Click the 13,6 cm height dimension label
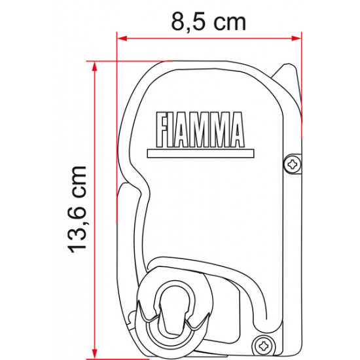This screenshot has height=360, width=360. click(78, 209)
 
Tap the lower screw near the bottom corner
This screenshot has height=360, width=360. click(265, 342)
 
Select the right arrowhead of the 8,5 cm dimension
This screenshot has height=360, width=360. click(299, 39)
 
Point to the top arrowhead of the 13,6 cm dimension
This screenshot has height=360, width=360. click(95, 66)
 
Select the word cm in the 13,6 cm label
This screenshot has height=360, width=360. click(78, 185)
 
